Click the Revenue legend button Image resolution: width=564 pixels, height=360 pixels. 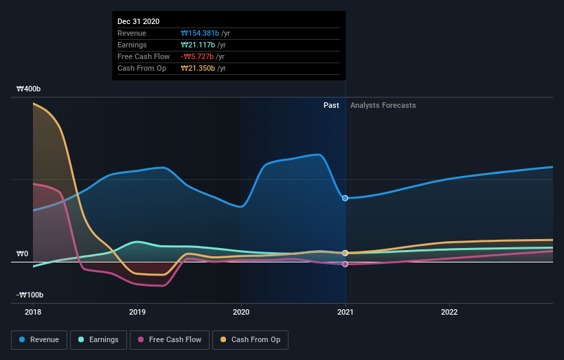click(x=40, y=339)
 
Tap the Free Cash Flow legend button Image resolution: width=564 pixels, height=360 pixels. click(x=169, y=339)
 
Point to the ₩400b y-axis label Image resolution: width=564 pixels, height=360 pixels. click(x=29, y=89)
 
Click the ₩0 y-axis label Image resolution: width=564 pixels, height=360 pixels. click(x=22, y=254)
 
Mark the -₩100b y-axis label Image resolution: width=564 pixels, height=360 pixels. click(x=30, y=295)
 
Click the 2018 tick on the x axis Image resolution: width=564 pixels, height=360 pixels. click(x=33, y=312)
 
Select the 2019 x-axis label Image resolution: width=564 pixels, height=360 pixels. click(x=137, y=312)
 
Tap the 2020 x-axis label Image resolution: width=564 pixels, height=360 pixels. click(x=240, y=312)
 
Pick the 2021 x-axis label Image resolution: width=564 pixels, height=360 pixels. click(x=345, y=312)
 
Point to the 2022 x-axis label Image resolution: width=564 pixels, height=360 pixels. click(x=449, y=312)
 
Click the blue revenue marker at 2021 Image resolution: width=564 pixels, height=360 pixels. click(x=345, y=198)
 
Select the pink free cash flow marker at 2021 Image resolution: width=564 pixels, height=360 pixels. click(x=345, y=264)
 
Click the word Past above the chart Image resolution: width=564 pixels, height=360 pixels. click(x=331, y=105)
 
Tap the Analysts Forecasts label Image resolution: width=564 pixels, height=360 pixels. click(x=383, y=105)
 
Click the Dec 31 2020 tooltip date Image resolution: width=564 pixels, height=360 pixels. click(x=138, y=21)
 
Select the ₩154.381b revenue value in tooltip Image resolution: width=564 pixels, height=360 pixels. click(x=200, y=33)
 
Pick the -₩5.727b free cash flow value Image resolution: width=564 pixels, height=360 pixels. click(x=199, y=56)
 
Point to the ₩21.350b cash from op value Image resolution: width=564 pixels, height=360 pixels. click(x=199, y=68)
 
